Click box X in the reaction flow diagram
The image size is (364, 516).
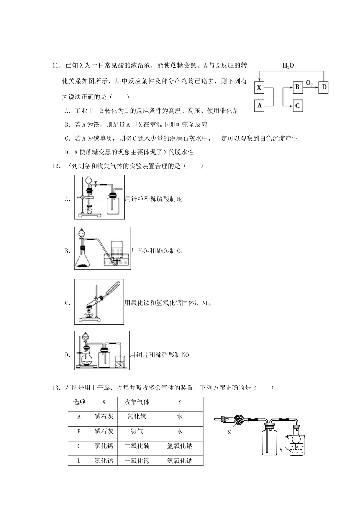tap(259, 88)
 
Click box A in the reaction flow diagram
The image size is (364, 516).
tap(259, 105)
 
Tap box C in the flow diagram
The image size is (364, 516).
tap(297, 105)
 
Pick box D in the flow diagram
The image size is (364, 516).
tap(324, 87)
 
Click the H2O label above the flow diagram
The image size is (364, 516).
tap(288, 66)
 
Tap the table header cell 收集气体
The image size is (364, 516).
tap(137, 402)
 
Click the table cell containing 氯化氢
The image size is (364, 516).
tap(137, 417)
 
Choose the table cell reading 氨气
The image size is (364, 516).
tap(137, 431)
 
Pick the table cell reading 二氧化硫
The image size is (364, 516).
tap(137, 446)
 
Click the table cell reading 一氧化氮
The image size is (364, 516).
tap(137, 461)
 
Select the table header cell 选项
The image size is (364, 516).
tap(79, 402)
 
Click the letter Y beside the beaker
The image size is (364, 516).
tap(281, 450)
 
